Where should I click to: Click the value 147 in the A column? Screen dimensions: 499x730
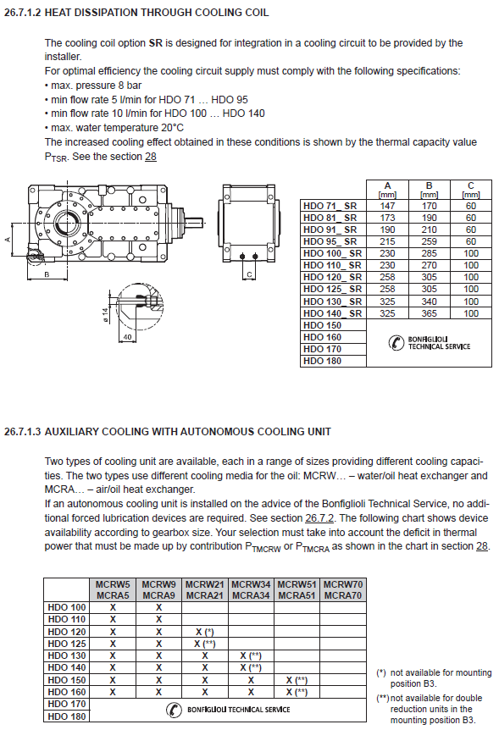387,206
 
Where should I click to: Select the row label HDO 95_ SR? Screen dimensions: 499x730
330,241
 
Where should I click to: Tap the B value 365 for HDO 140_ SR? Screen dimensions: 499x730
430,313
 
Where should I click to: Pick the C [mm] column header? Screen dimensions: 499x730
470,190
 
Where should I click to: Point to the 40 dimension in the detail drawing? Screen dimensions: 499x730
127,336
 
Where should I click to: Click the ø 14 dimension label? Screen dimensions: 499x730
105,315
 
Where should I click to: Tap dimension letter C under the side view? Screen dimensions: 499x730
249,274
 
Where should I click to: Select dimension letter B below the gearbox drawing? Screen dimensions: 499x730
47,274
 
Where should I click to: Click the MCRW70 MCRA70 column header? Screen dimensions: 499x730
343,590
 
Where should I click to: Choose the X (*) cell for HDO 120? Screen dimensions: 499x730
204,632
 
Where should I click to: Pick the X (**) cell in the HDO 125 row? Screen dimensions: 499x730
204,644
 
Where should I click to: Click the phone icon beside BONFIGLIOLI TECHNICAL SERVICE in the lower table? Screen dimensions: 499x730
174,710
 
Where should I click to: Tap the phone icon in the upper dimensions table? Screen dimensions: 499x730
396,343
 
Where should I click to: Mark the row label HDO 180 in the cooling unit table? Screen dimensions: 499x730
67,716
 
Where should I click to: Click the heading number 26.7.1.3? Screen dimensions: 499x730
22,432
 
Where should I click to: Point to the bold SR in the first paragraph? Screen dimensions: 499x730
156,43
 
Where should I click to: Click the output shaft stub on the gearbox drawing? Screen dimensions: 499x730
194,224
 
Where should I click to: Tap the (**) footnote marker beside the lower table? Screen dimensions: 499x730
383,699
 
